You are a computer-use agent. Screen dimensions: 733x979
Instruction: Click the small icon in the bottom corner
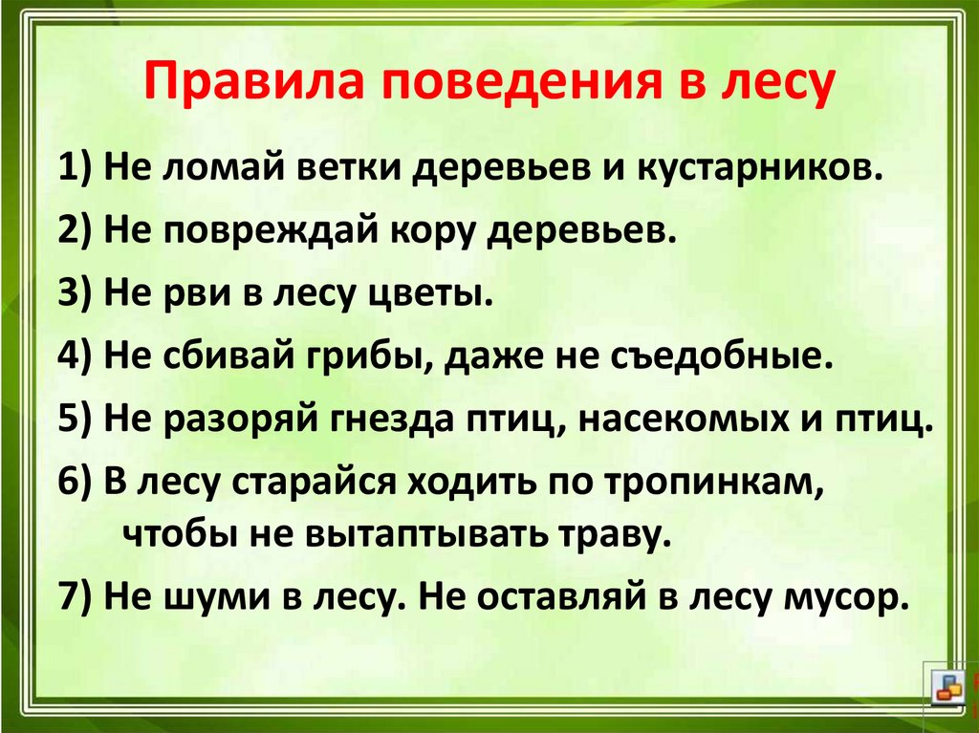tap(949, 691)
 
